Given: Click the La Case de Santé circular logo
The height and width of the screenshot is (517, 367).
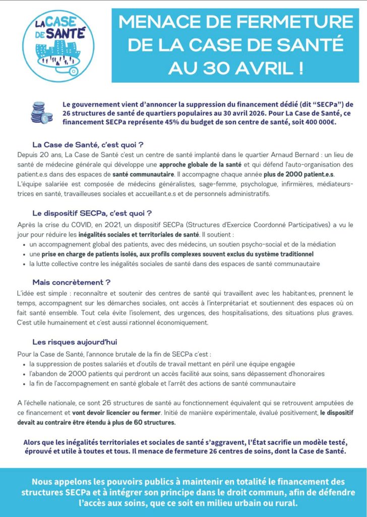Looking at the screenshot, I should tap(61, 44).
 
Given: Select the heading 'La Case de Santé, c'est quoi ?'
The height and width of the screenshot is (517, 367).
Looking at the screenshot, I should tap(88, 144).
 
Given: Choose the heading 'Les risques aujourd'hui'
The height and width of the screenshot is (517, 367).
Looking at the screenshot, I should tap(75, 342).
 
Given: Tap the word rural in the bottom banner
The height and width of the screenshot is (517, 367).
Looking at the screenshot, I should tap(282, 503).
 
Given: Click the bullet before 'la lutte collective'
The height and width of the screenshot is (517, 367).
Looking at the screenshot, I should tap(25, 264).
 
